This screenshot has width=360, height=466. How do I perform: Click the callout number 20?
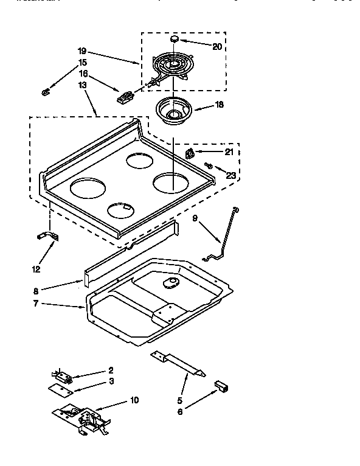pos(218,46)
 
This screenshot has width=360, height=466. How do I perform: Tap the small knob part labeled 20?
pos(176,38)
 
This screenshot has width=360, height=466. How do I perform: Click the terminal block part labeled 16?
pos(126,96)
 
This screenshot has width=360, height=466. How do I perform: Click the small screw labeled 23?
pos(209,164)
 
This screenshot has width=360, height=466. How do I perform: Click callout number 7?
pos(36,303)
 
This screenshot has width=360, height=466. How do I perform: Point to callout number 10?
pos(134,400)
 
